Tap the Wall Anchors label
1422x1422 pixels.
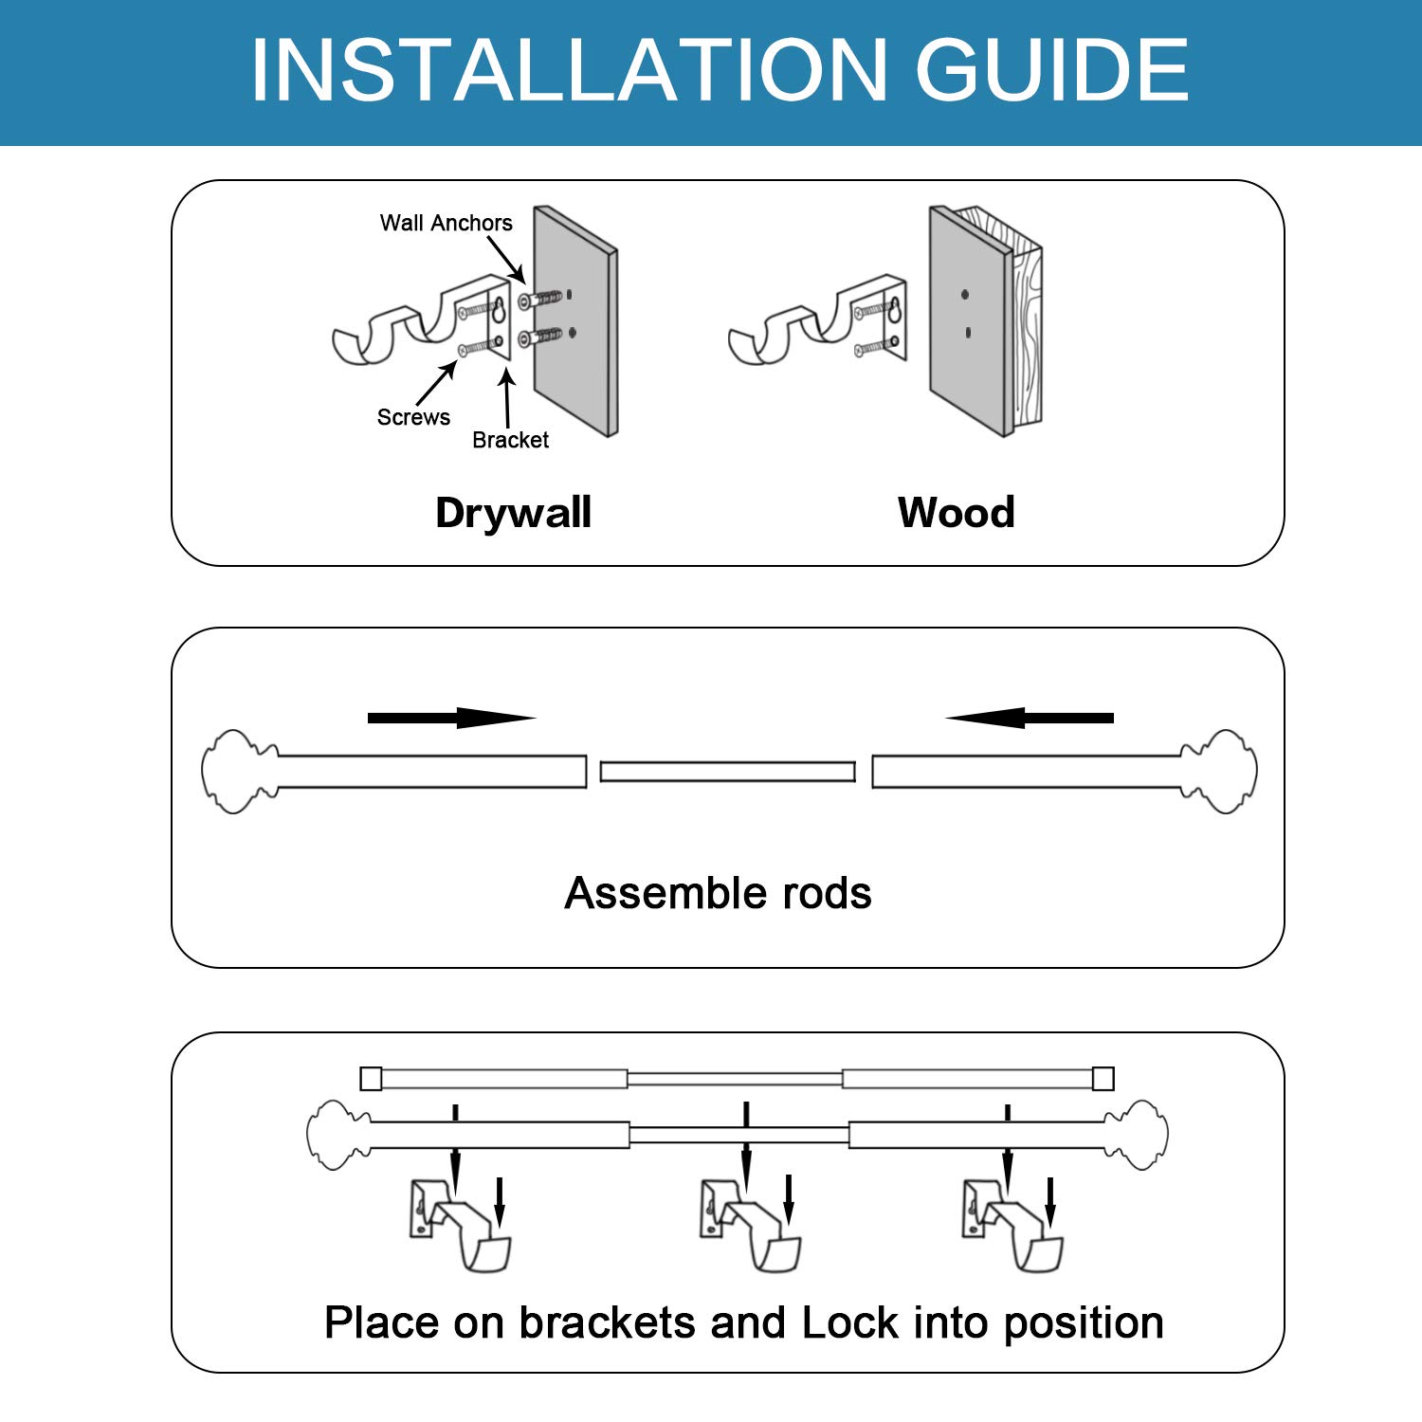pyautogui.click(x=446, y=223)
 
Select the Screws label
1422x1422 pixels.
pyautogui.click(x=413, y=417)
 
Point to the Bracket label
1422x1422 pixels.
pyautogui.click(x=510, y=440)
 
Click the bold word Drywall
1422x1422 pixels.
pyautogui.click(x=513, y=513)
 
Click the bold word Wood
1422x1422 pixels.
pyautogui.click(x=957, y=513)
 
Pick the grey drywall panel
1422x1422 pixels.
pyautogui.click(x=575, y=320)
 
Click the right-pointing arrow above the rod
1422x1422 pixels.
pyautogui.click(x=451, y=718)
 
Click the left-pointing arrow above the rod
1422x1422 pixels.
pyautogui.click(x=1030, y=718)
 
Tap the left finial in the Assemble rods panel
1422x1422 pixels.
pyautogui.click(x=240, y=771)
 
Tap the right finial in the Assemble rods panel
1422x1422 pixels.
pyautogui.click(x=1219, y=771)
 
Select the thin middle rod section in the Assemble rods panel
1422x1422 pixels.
pyautogui.click(x=728, y=772)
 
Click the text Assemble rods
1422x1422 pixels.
pyautogui.click(x=718, y=893)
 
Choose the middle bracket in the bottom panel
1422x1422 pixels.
pyautogui.click(x=751, y=1224)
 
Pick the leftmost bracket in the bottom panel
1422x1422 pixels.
pyautogui.click(x=461, y=1224)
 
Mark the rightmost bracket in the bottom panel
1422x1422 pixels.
pyautogui.click(x=1012, y=1224)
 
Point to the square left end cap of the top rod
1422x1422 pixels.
pyautogui.click(x=371, y=1079)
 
